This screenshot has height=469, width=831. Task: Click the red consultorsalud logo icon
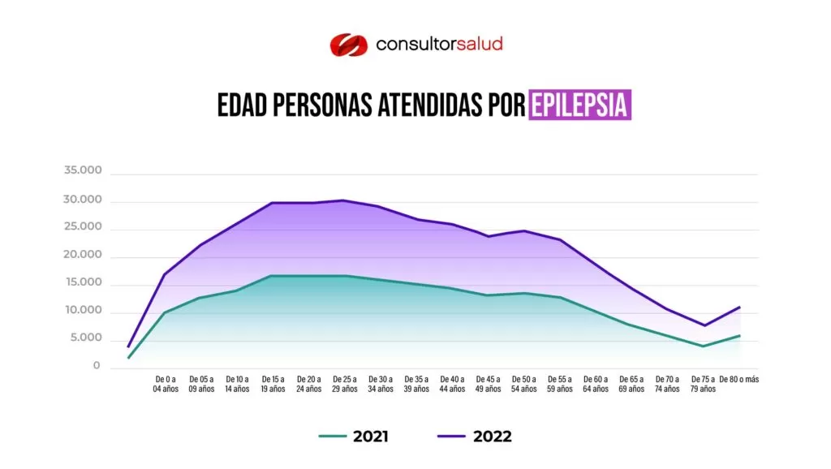click(x=348, y=44)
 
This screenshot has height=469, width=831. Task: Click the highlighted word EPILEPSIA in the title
click(x=579, y=105)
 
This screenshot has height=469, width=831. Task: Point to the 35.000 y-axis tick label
click(x=83, y=171)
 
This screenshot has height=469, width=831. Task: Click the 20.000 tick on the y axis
click(x=83, y=255)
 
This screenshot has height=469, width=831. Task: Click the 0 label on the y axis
click(x=96, y=366)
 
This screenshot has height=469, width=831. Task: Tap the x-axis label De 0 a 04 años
click(x=165, y=384)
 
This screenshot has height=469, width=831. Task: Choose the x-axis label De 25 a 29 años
click(x=343, y=384)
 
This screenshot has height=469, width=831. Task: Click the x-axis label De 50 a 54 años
click(x=523, y=384)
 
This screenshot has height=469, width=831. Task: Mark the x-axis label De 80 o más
click(x=738, y=379)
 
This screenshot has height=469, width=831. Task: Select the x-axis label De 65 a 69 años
click(x=631, y=384)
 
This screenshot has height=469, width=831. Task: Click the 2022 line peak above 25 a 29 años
click(x=343, y=200)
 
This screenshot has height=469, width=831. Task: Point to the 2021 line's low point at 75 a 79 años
click(x=704, y=346)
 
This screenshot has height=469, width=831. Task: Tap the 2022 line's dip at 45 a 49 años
click(x=489, y=236)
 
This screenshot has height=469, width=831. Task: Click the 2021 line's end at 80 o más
click(x=739, y=335)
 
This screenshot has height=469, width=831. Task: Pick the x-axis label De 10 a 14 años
click(x=237, y=384)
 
